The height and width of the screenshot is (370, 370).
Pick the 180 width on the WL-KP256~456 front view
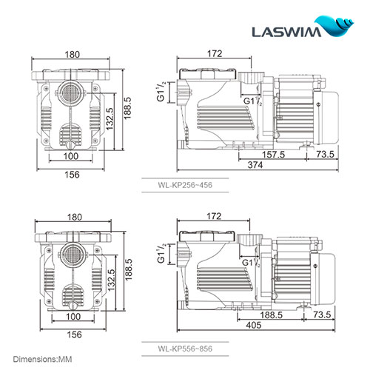72,54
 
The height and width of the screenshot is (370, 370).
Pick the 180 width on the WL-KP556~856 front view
72,217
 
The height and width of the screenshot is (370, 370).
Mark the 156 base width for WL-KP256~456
72,175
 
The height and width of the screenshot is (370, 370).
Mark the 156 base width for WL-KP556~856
72,334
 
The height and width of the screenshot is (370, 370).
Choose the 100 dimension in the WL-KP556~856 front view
72,316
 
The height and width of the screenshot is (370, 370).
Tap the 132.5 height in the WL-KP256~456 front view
110,121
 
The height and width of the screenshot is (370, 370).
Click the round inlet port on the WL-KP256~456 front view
72,96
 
